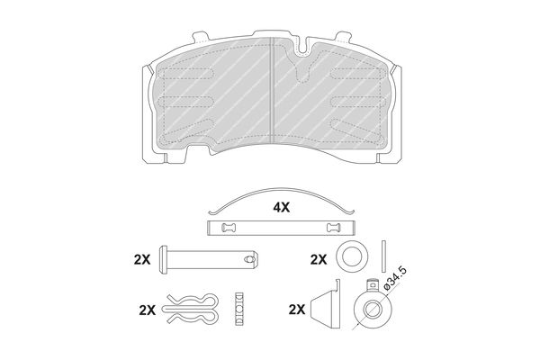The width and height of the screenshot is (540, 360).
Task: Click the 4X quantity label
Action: pos(282,207)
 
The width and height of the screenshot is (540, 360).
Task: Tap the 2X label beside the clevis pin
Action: pos(142,259)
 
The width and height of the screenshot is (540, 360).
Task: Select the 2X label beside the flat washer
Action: pos(319,259)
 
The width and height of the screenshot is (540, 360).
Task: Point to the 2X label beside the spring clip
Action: pos(148,310)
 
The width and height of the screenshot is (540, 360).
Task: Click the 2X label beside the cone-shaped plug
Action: pos(297,310)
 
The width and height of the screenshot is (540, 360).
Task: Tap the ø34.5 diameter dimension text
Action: pos(395,279)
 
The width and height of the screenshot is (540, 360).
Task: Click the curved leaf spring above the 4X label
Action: pos(282,189)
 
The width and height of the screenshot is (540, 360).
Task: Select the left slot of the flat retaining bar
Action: pos(228,228)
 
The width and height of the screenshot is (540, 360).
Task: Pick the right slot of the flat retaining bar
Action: pos(333,228)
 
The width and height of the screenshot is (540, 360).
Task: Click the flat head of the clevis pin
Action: pos(163,259)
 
